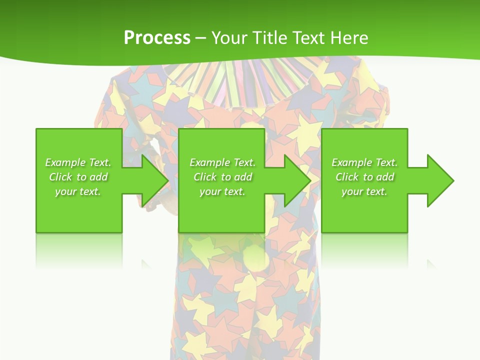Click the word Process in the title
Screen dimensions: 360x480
157,38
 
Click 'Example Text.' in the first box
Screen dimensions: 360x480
78,162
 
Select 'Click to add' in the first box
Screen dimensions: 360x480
78,177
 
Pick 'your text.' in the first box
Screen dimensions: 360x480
78,191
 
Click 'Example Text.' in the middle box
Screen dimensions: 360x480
222,162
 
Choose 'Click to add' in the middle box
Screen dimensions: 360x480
222,177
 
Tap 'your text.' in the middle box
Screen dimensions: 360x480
222,191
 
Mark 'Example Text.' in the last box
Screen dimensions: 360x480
364,162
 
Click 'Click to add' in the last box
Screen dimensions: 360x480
364,177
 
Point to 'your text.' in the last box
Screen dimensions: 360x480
364,191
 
